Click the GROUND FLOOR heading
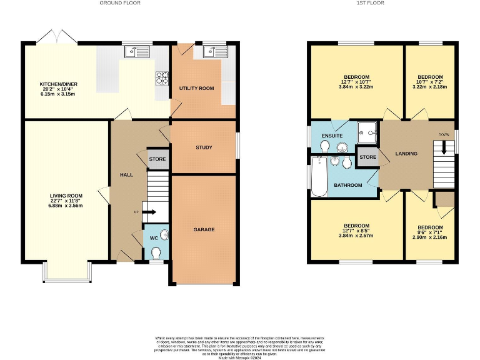(x=120, y=3)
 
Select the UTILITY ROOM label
(x=196, y=89)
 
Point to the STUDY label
(x=204, y=148)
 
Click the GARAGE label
(x=204, y=230)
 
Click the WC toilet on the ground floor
(x=156, y=251)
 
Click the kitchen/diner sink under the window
(x=137, y=52)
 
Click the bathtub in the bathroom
(x=319, y=176)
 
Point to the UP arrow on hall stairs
(x=151, y=212)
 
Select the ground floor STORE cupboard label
(x=157, y=160)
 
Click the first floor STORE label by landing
(x=368, y=157)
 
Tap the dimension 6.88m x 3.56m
(x=66, y=206)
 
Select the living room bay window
(x=67, y=271)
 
